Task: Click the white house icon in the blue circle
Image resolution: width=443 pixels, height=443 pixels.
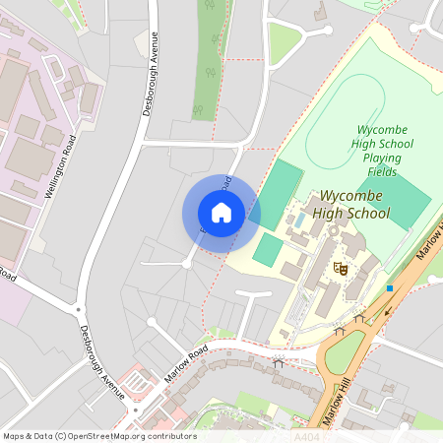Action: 221,213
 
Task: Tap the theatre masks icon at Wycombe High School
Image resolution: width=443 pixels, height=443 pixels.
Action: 342,267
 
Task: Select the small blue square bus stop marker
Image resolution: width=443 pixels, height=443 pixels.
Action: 390,288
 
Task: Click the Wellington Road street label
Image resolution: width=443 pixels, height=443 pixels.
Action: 62,167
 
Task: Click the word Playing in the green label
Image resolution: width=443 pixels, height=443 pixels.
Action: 382,158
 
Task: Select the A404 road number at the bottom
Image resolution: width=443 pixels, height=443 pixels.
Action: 307,435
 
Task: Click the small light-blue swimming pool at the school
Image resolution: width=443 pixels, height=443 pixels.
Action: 298,221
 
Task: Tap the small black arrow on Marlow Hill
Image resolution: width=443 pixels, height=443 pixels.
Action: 387,310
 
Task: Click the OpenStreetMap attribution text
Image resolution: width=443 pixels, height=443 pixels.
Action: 99,436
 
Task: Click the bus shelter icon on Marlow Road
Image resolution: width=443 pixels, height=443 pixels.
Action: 278,362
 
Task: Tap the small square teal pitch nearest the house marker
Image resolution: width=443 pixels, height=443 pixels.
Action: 267,248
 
